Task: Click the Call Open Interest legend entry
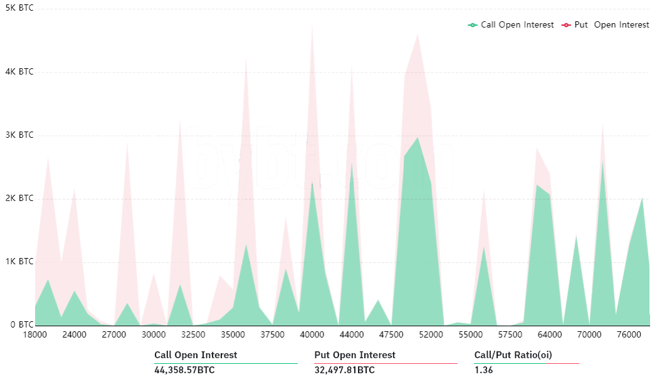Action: coord(511,25)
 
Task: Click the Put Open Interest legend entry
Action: coord(606,25)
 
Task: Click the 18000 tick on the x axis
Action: coord(35,335)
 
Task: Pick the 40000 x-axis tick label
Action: coord(312,335)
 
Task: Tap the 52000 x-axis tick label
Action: coord(431,335)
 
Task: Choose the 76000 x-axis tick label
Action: coord(629,335)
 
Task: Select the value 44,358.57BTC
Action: coord(184,370)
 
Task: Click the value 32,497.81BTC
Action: coord(344,370)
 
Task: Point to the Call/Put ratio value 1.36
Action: coord(483,370)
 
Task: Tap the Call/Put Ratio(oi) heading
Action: coord(513,355)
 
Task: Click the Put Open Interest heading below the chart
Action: coord(355,355)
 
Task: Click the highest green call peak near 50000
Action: coord(418,138)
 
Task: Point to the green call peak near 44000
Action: coord(352,164)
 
